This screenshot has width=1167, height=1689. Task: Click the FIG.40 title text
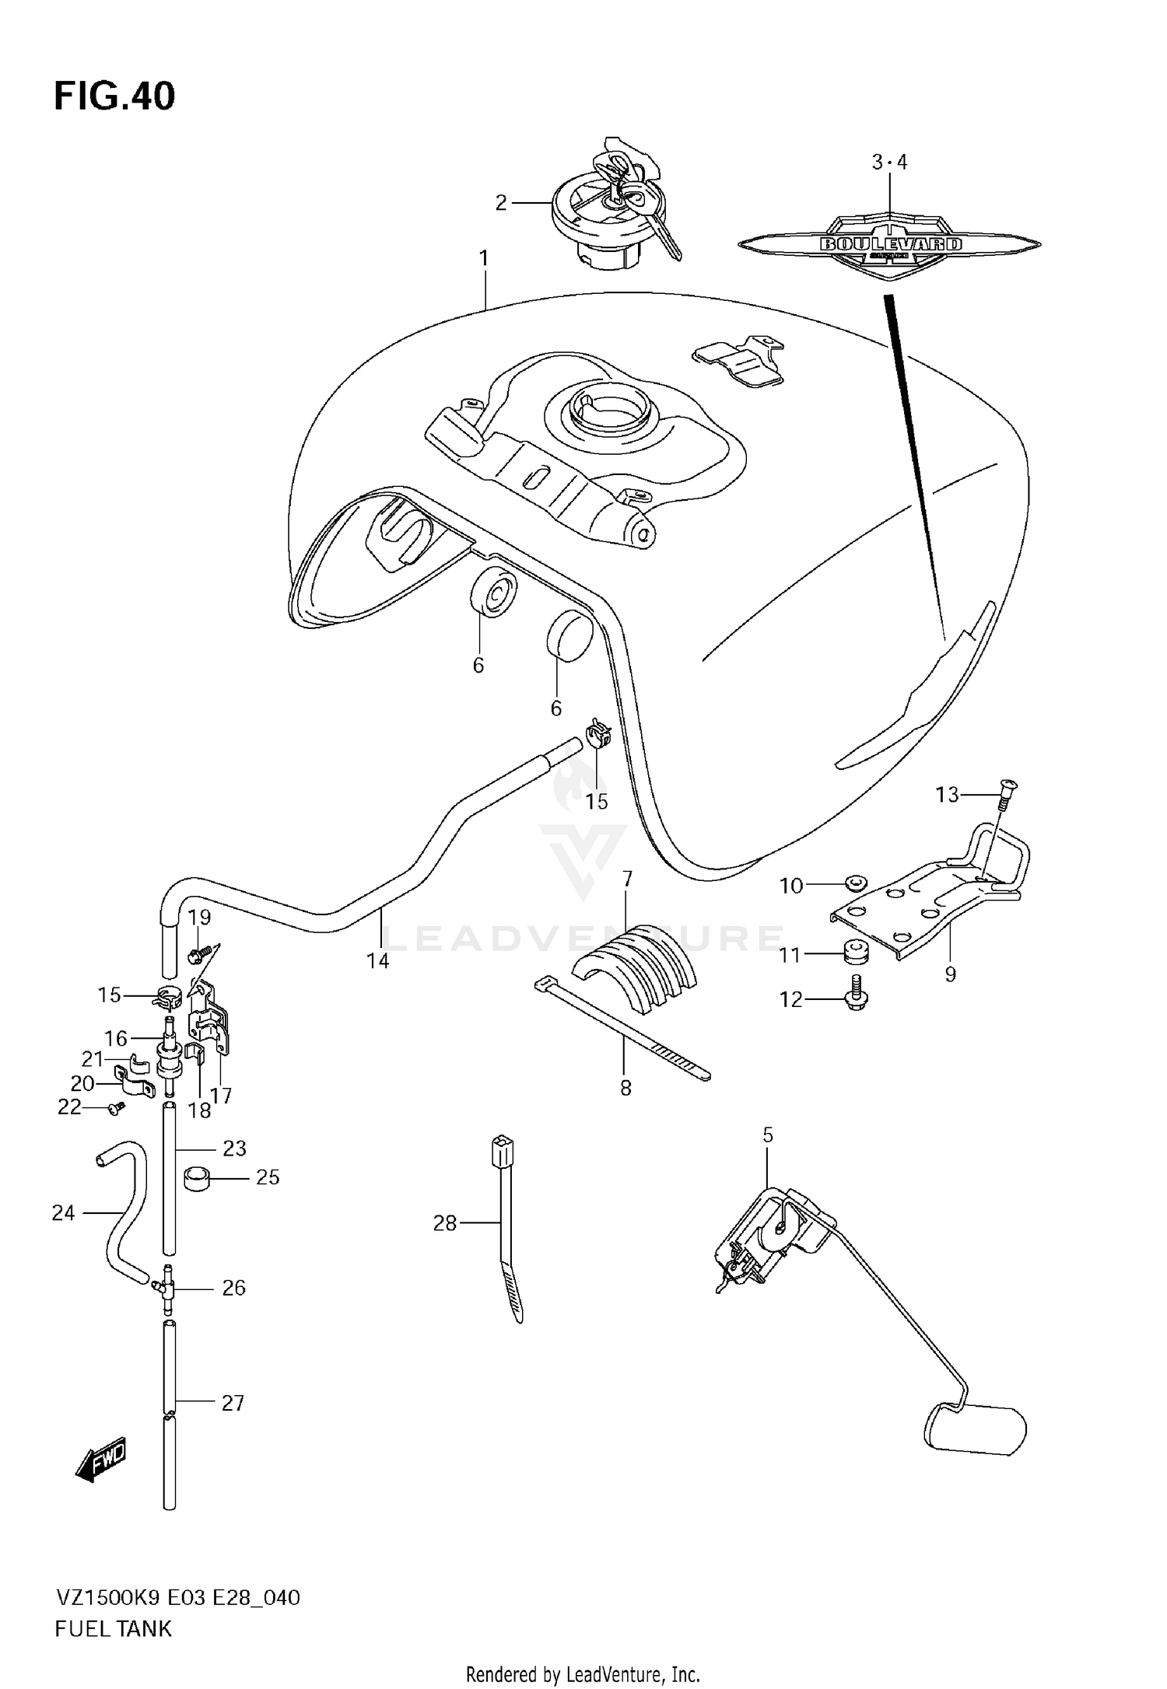[x=114, y=97]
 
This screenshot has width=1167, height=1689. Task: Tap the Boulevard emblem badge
[x=889, y=244]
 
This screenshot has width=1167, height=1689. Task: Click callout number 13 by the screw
[x=947, y=795]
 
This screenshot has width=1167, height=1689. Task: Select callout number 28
[x=444, y=1224]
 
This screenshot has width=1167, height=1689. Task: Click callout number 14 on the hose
[x=377, y=961]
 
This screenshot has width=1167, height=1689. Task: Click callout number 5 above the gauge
[x=768, y=1136]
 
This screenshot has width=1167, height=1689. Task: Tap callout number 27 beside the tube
[x=233, y=1404]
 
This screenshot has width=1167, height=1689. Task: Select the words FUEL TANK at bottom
[x=113, y=1630]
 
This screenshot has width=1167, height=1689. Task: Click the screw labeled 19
[x=201, y=951]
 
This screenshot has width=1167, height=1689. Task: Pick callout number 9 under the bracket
[x=950, y=974]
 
